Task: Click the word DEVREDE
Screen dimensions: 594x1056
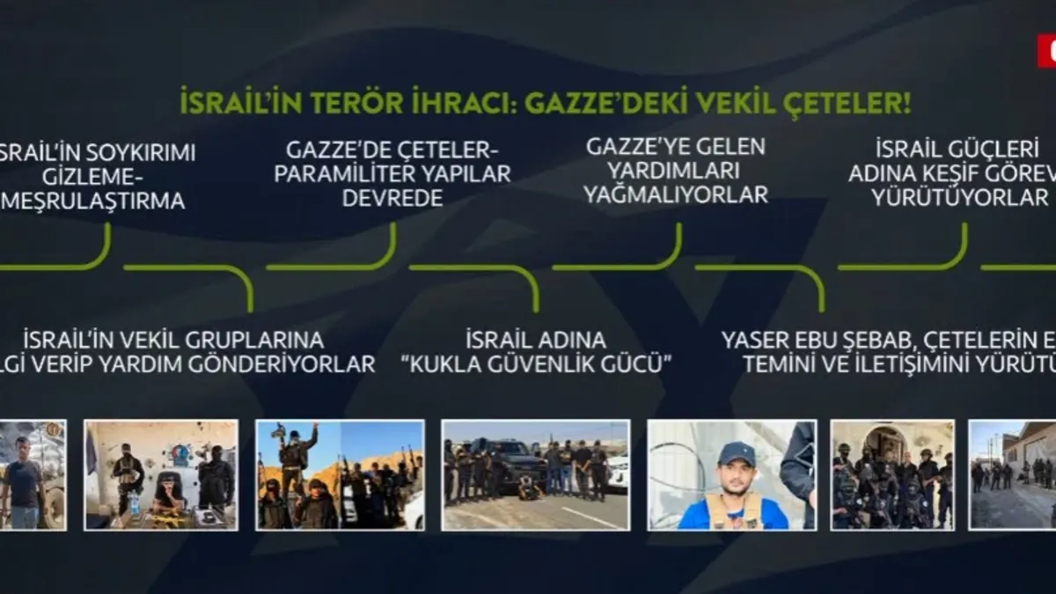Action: (x=392, y=199)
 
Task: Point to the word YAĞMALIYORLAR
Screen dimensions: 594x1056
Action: (x=675, y=194)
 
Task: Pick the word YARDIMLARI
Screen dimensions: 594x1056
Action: (x=675, y=170)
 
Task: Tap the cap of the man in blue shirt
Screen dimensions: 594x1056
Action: (x=736, y=453)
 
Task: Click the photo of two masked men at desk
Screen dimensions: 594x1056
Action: (x=161, y=474)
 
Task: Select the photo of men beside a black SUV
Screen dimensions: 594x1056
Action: (x=535, y=474)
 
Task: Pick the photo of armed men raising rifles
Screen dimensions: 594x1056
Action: (x=340, y=474)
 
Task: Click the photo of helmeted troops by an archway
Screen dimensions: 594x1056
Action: (x=892, y=474)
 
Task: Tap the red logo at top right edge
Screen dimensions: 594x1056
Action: (x=1047, y=50)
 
